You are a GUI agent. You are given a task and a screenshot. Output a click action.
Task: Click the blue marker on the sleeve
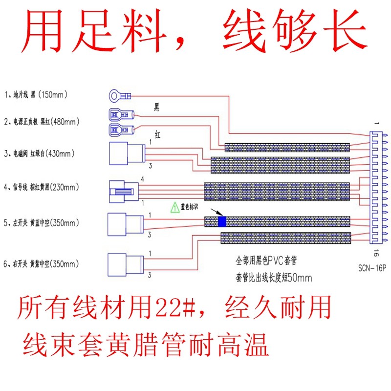click(222, 221)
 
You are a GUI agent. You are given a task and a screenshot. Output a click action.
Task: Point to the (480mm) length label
click(65, 120)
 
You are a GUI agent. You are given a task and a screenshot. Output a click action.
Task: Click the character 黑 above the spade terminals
click(157, 106)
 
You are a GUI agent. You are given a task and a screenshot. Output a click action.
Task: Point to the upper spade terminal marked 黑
click(120, 116)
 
